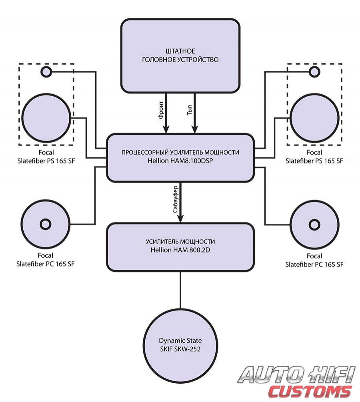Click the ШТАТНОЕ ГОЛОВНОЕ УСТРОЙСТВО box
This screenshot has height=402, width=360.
click(x=180, y=56)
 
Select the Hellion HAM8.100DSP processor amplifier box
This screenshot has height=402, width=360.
click(x=180, y=158)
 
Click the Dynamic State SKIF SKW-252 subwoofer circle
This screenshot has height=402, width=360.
click(x=180, y=345)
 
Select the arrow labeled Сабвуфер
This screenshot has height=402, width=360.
click(x=180, y=204)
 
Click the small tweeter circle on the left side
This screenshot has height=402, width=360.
click(x=46, y=72)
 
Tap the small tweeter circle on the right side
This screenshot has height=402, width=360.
click(x=314, y=72)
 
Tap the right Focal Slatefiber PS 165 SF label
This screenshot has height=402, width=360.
click(x=314, y=157)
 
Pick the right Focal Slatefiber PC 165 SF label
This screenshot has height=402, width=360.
click(x=314, y=260)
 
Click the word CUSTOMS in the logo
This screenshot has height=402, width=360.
click(x=310, y=391)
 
